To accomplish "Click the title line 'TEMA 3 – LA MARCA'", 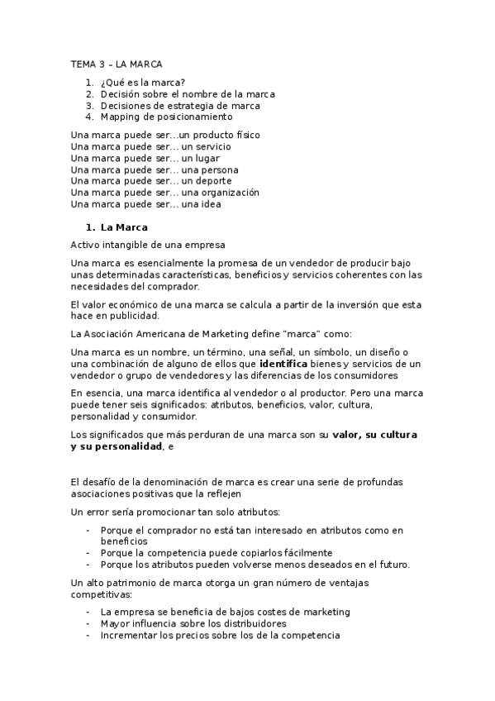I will click(117, 64).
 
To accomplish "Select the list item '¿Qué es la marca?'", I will click(142, 83).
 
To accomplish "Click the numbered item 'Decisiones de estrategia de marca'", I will click(180, 106).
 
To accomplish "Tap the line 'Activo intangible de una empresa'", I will click(148, 245).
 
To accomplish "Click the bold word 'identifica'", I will click(283, 363).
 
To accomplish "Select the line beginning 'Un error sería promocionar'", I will click(175, 512).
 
